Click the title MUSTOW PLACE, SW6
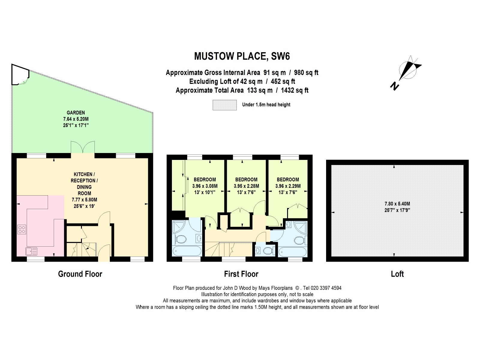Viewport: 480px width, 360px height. coord(242,56)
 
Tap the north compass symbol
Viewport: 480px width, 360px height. coord(407,71)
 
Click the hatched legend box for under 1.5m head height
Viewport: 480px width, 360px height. coord(224,105)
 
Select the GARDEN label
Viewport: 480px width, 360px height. coord(76,113)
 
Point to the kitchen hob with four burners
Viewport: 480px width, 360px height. coord(22,229)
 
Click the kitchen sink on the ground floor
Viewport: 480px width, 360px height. coord(31,251)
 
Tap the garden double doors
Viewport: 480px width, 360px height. coord(83,147)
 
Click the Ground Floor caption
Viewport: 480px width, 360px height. coord(80,274)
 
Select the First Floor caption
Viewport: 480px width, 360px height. coord(241,274)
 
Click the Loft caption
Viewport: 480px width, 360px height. coord(397,274)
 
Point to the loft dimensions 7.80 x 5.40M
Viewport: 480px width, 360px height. coord(397,204)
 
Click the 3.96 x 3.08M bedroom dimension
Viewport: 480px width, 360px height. coord(205,186)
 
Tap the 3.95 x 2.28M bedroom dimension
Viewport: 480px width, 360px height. coord(246,186)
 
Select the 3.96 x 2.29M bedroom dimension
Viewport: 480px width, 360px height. coord(288,186)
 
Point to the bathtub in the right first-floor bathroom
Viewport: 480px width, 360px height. coord(292,251)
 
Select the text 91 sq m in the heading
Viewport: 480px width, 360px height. coord(274,73)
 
